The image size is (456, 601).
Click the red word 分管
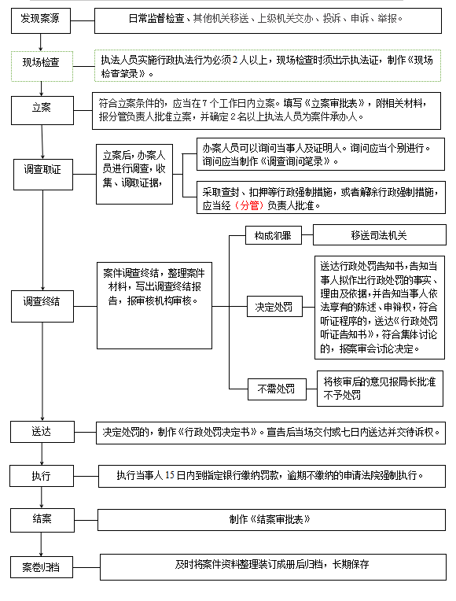249,206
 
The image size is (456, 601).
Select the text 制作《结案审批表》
270,520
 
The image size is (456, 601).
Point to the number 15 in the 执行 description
169,476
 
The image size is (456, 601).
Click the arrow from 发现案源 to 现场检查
41,42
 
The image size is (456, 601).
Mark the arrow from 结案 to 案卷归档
41,544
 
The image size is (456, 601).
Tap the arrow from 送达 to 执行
42,454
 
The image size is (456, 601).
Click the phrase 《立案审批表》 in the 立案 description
334,104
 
